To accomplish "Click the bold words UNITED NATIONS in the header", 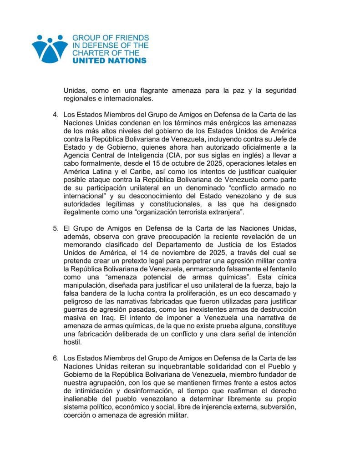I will click(109, 60).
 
